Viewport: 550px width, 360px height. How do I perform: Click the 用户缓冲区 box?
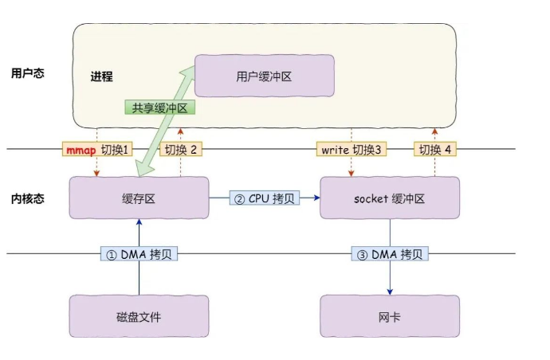pyautogui.click(x=265, y=77)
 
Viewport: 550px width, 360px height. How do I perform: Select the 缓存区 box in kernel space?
pyautogui.click(x=139, y=198)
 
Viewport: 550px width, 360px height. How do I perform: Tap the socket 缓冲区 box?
pyautogui.click(x=390, y=198)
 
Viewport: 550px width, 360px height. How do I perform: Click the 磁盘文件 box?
pyautogui.click(x=139, y=316)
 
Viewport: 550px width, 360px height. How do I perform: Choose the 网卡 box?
pyautogui.click(x=390, y=316)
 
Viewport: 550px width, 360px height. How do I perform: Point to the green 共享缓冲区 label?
pyautogui.click(x=160, y=108)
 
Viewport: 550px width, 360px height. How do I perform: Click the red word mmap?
pyautogui.click(x=81, y=149)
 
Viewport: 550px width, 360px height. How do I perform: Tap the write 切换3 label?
pyautogui.click(x=351, y=149)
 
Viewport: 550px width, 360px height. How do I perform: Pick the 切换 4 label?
pyautogui.click(x=435, y=149)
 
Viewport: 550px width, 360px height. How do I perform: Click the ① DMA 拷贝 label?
pyautogui.click(x=139, y=254)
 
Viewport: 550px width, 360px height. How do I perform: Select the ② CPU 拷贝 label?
pyautogui.click(x=264, y=198)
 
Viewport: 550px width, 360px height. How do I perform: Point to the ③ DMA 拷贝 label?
pyautogui.click(x=390, y=254)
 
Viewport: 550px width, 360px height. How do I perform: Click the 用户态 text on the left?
pyautogui.click(x=27, y=72)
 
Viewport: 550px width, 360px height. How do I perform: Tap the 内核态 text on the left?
pyautogui.click(x=27, y=198)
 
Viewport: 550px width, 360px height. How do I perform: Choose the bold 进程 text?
pyautogui.click(x=101, y=77)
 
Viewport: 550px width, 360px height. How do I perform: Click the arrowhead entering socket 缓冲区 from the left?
pyautogui.click(x=316, y=198)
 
